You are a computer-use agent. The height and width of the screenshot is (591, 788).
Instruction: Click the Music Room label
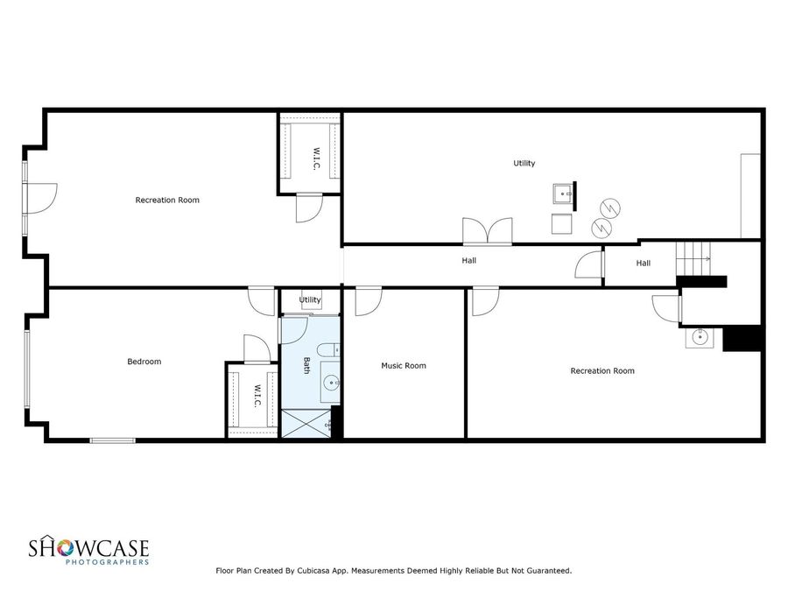point(404,365)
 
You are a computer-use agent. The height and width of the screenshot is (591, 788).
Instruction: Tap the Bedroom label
point(144,361)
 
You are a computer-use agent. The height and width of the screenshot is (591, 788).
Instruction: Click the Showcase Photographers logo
point(89,551)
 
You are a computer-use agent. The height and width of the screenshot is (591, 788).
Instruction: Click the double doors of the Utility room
point(487,231)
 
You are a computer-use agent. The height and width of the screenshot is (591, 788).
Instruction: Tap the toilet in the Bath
point(329,351)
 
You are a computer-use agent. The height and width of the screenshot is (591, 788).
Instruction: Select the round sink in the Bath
point(331,383)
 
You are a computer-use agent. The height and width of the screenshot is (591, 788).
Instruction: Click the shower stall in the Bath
point(306,423)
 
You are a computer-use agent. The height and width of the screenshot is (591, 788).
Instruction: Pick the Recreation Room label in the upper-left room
point(167,200)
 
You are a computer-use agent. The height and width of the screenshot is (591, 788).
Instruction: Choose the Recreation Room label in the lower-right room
point(602,370)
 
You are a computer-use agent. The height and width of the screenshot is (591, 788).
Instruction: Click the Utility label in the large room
point(524,163)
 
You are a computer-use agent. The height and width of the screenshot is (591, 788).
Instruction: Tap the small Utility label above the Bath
point(310,299)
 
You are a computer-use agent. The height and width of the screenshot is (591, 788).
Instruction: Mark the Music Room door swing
point(368,299)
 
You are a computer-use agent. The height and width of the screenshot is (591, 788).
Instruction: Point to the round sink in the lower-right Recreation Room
point(700,337)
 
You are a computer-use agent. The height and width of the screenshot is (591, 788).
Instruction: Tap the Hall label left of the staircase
point(644,263)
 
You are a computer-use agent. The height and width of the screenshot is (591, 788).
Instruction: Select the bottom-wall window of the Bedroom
point(113,440)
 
